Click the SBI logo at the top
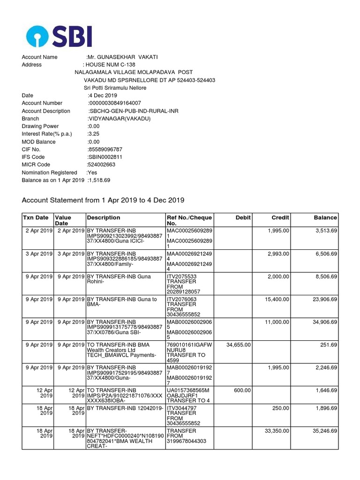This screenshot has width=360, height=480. coord(59,37)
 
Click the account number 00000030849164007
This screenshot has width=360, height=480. coord(115,103)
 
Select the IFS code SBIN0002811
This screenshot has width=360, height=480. coord(105,157)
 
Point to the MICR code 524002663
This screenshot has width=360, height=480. coord(101,165)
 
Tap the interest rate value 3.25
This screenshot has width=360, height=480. coord(94,134)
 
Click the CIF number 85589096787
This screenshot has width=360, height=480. coord(105,150)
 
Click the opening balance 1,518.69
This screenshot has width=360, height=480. coord(99,180)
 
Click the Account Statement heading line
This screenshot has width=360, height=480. coord(103,200)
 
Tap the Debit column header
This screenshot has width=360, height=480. coord(243,217)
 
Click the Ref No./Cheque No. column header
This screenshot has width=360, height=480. coord(189,221)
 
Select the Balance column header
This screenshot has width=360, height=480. coord(325,217)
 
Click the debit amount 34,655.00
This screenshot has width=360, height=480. coord(238,345)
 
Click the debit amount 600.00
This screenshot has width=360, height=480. coord(242,390)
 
